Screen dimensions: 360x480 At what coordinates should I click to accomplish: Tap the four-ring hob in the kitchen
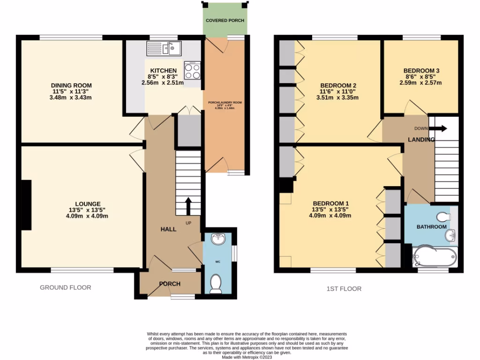[192, 71]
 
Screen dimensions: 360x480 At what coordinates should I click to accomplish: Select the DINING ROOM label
[71, 85]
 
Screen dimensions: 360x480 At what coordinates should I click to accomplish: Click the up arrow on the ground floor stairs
[188, 205]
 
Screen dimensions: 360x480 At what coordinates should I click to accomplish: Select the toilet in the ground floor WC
[216, 284]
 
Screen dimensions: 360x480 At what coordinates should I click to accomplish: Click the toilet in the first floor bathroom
[443, 217]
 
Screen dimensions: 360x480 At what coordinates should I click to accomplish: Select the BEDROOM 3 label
[421, 71]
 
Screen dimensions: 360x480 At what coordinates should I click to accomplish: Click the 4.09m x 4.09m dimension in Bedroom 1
[330, 216]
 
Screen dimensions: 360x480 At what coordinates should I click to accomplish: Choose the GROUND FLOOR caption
[66, 287]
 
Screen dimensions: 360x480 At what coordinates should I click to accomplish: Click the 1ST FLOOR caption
[344, 289]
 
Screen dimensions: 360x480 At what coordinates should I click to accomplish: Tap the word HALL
[169, 229]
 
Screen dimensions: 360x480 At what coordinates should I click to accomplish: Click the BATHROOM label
[431, 227]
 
